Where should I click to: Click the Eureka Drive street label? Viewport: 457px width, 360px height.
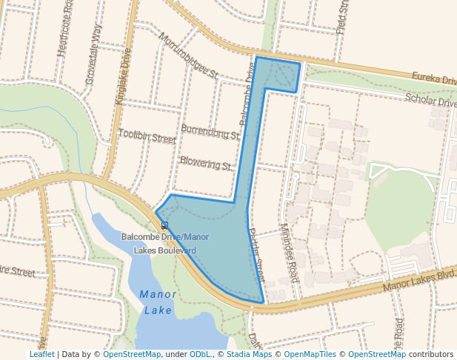(x=434, y=78)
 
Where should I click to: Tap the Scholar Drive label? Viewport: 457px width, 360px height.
(x=430, y=101)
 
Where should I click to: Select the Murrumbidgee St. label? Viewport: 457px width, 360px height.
(x=189, y=56)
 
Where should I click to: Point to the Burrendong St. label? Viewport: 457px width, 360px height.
(x=210, y=135)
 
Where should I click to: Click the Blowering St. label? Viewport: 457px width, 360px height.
(x=206, y=162)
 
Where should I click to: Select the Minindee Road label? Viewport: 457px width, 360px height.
(x=289, y=253)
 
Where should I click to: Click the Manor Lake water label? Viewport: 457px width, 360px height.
(x=158, y=302)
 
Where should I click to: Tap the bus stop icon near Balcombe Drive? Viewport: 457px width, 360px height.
(x=164, y=225)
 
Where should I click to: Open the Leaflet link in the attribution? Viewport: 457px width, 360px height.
(x=42, y=354)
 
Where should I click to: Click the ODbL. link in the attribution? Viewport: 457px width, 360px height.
(x=201, y=354)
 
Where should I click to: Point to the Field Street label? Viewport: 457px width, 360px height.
(x=342, y=17)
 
